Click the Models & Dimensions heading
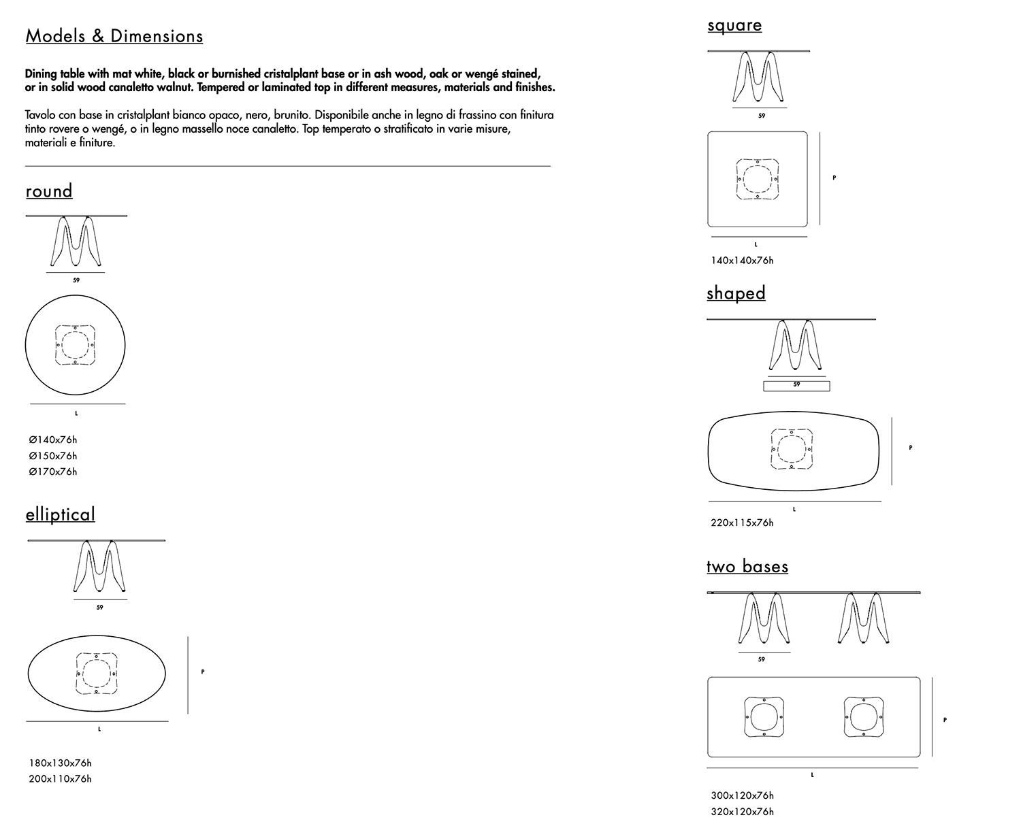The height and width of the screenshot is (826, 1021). [114, 36]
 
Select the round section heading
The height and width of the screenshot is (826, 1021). [49, 191]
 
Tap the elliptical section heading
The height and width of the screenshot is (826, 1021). [61, 514]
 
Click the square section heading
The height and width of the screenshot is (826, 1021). [734, 25]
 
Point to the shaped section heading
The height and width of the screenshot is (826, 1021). [736, 293]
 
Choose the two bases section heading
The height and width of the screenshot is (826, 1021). [747, 567]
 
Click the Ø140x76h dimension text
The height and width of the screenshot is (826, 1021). [53, 440]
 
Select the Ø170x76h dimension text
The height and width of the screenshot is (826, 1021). [53, 472]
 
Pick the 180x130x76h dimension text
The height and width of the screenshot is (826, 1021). [60, 763]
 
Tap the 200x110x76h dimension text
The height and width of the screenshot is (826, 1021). [60, 779]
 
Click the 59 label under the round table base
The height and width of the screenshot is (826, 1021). [76, 280]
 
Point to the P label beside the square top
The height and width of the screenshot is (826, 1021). [834, 178]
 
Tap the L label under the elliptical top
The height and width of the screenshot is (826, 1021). [99, 729]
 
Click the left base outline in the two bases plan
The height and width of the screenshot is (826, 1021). [764, 717]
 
